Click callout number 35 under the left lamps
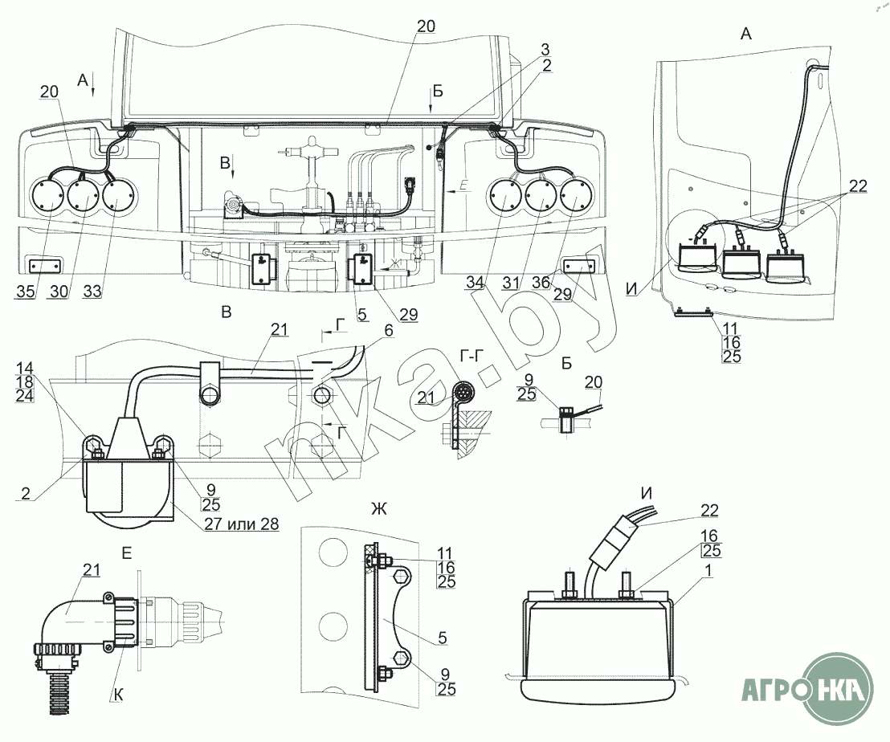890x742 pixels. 26,291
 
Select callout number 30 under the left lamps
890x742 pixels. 59,291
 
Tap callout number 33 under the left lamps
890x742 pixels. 92,291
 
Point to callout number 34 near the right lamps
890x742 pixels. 476,282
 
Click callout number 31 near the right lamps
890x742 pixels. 512,282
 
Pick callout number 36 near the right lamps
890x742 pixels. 541,282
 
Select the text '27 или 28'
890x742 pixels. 241,524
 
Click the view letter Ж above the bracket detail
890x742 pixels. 379,509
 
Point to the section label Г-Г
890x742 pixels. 468,356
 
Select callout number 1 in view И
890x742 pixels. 708,569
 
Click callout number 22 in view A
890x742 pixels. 858,186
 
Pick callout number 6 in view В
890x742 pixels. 389,331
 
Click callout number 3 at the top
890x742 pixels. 545,50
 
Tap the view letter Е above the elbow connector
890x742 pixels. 127,552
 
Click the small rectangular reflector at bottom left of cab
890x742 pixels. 43,266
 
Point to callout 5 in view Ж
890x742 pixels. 443,638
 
